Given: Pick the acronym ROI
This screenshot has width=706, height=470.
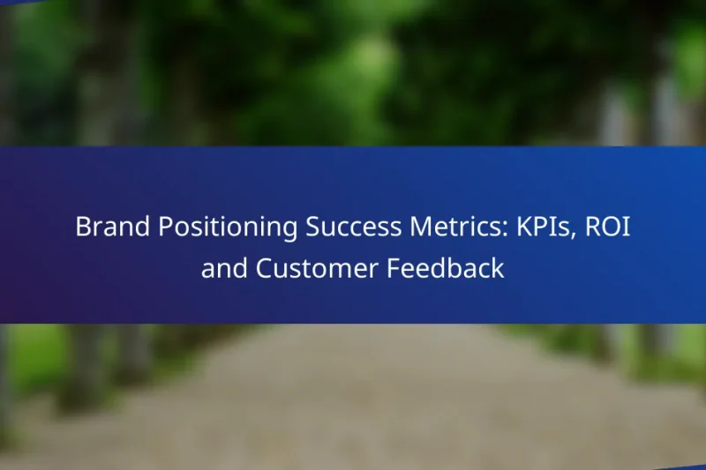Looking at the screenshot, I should tap(608, 227).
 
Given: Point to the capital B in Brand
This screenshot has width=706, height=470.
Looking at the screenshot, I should tap(82, 227).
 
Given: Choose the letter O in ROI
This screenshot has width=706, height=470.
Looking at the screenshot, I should tap(609, 227).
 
